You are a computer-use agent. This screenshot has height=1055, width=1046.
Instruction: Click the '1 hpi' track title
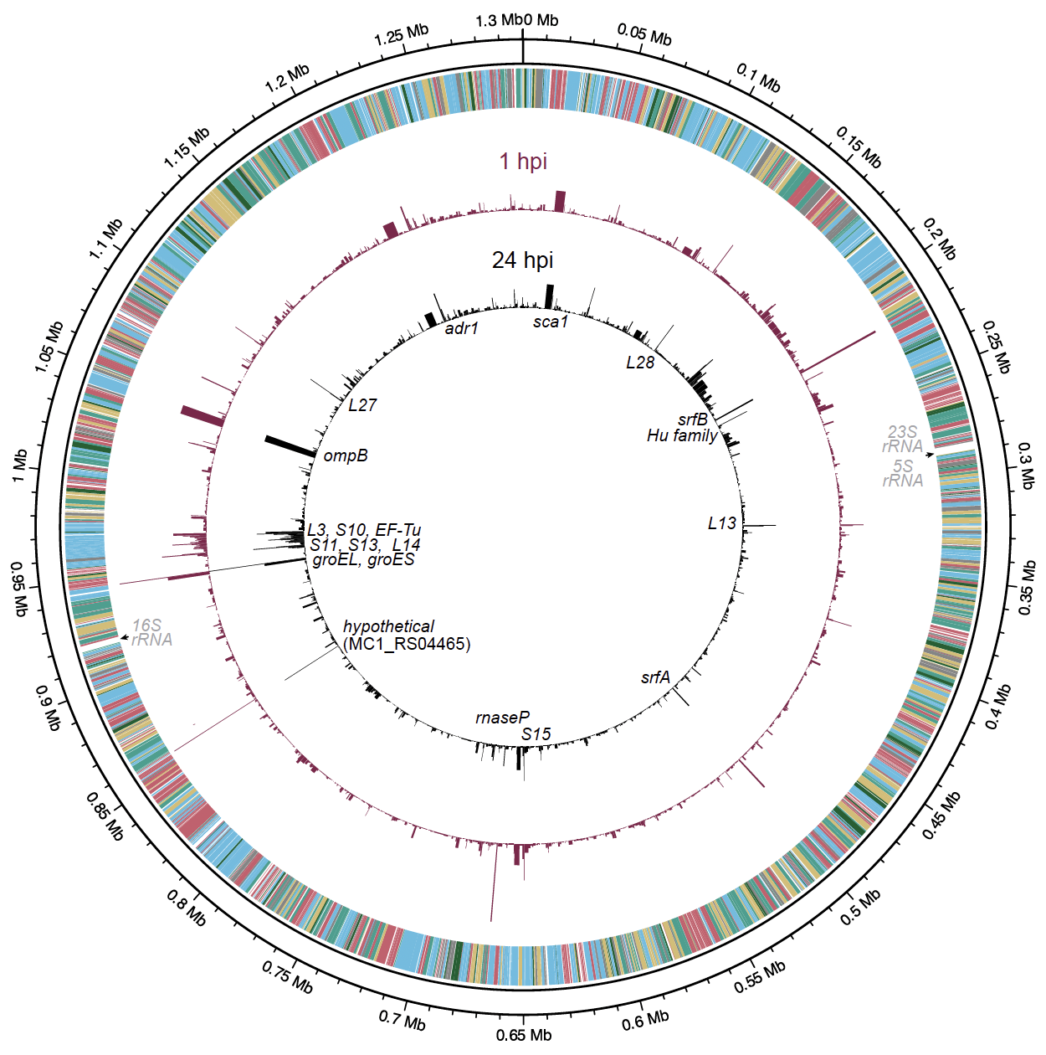(523, 161)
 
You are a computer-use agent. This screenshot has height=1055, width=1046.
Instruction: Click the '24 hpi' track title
(522, 260)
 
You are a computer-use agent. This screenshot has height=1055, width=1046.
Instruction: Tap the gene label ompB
(346, 455)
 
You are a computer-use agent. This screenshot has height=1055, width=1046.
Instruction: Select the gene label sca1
(551, 322)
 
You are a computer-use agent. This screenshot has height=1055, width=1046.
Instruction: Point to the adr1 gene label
(461, 328)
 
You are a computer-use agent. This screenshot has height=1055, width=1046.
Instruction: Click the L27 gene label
(362, 405)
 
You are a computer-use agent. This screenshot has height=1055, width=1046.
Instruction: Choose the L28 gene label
(640, 363)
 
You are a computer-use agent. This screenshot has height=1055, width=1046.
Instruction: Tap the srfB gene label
(693, 419)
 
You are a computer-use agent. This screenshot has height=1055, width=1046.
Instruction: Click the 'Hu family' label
(682, 435)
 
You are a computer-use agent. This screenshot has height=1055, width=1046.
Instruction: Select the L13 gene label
(722, 523)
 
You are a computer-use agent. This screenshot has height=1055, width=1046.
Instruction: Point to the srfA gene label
(656, 677)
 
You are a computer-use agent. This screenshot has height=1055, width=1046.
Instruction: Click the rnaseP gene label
(502, 718)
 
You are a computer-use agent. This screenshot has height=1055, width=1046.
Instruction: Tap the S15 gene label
(536, 734)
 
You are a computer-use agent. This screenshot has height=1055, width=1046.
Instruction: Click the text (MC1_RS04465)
(408, 644)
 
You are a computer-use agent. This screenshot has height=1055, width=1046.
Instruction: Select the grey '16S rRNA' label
(152, 632)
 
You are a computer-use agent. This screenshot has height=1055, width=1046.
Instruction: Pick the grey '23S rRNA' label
(903, 439)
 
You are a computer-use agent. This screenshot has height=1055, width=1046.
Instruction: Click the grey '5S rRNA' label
(903, 473)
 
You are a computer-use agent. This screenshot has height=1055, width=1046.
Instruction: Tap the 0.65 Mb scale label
(524, 1035)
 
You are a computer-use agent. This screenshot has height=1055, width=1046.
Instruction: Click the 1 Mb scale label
(20, 466)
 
